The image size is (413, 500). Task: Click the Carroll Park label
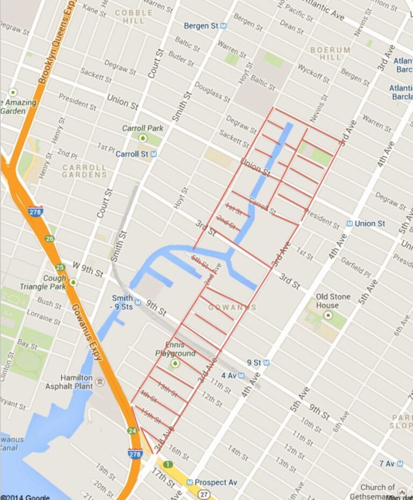click(x=143, y=128)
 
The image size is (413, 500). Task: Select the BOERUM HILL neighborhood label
click(x=330, y=53)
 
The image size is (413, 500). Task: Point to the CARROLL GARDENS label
click(x=84, y=171)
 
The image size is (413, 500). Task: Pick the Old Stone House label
click(x=333, y=301)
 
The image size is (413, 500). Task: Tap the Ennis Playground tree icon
click(x=175, y=364)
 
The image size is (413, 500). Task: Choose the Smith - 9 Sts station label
click(x=123, y=302)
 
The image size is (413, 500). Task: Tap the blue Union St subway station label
click(x=369, y=223)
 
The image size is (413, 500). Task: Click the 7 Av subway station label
click(x=387, y=463)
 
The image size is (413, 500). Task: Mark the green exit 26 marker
click(x=50, y=238)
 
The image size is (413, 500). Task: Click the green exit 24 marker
click(x=132, y=431)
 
